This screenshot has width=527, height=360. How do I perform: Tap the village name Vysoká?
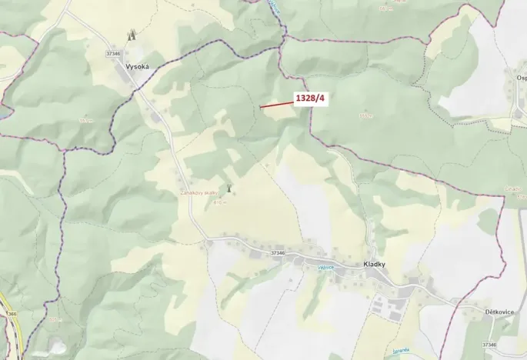click(x=136, y=68)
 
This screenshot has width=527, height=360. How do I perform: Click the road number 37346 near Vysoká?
click(x=115, y=53)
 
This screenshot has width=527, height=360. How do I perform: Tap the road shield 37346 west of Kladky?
click(x=278, y=252)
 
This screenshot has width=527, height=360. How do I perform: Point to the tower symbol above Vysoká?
click(x=131, y=35)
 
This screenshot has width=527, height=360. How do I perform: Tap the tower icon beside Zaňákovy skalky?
click(x=228, y=188)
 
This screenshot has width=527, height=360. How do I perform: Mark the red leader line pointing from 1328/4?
click(x=275, y=103)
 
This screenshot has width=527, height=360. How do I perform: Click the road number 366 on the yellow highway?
click(x=11, y=314)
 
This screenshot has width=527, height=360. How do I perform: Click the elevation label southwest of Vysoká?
click(x=85, y=120)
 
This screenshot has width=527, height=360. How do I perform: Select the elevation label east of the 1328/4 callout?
click(x=365, y=116)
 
